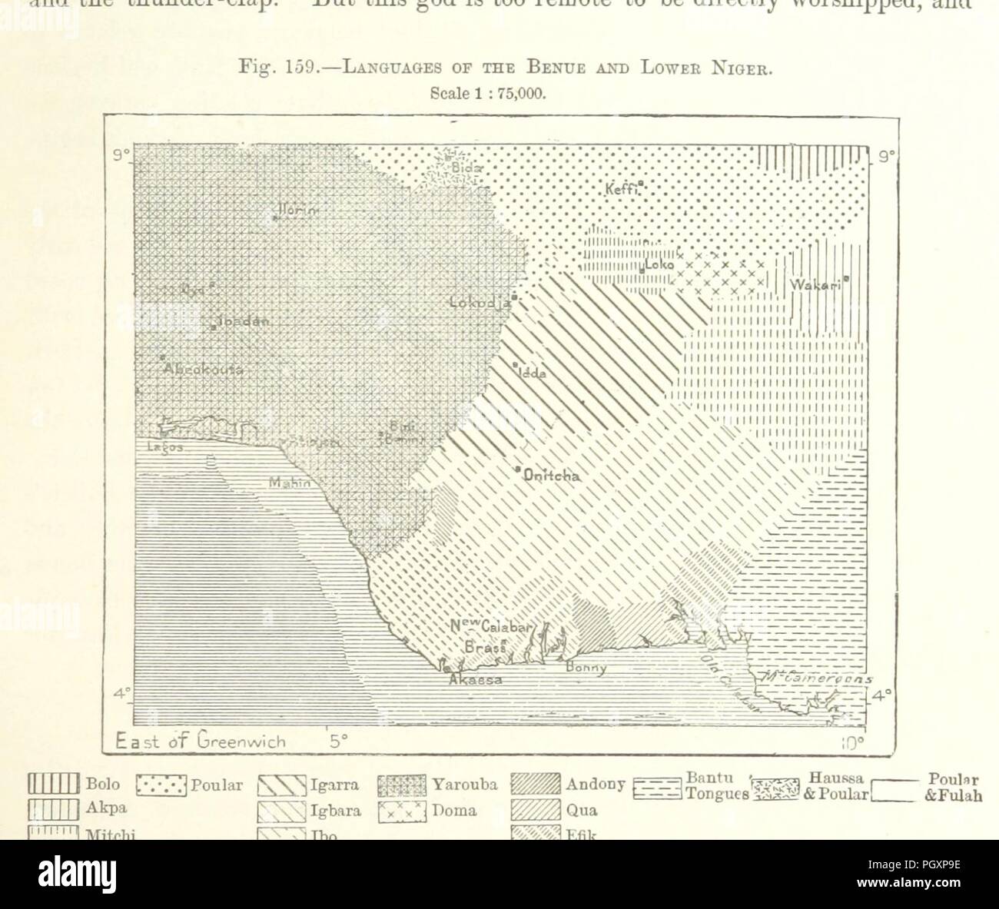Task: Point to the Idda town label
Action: (x=531, y=373)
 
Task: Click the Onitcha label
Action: (x=551, y=476)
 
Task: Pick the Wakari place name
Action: (x=818, y=285)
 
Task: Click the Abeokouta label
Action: (x=203, y=370)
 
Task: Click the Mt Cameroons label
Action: (x=814, y=678)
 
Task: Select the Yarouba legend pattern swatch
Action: (x=402, y=785)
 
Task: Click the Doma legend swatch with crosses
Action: (x=402, y=810)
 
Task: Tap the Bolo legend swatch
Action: (x=54, y=785)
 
